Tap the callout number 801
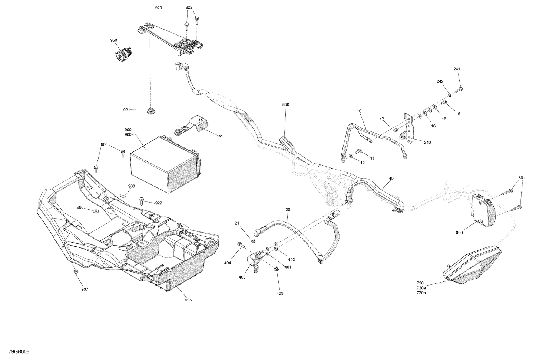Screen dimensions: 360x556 click(x=522, y=178)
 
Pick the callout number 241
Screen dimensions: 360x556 click(x=457, y=69)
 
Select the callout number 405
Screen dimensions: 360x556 click(x=279, y=293)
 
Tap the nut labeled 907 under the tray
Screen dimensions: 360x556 click(x=76, y=272)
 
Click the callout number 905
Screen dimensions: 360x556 click(x=188, y=300)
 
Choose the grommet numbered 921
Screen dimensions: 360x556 click(x=151, y=110)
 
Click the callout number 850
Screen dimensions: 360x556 click(x=285, y=105)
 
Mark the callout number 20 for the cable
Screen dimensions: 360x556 click(x=288, y=210)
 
